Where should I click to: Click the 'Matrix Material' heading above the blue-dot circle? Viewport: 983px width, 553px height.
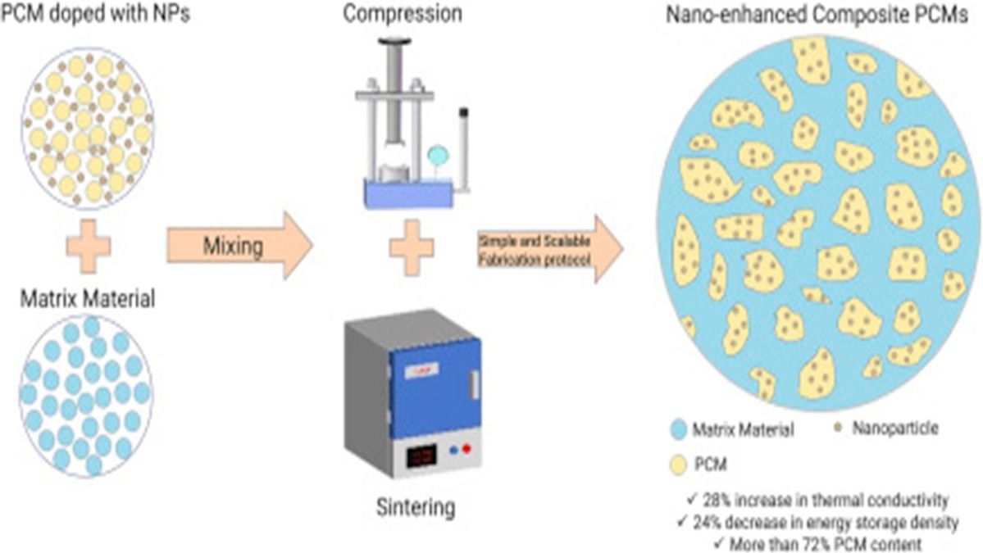(x=87, y=298)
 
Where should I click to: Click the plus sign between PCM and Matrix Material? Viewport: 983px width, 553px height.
(x=87, y=246)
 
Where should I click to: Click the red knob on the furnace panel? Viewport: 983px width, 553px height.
(x=467, y=449)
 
